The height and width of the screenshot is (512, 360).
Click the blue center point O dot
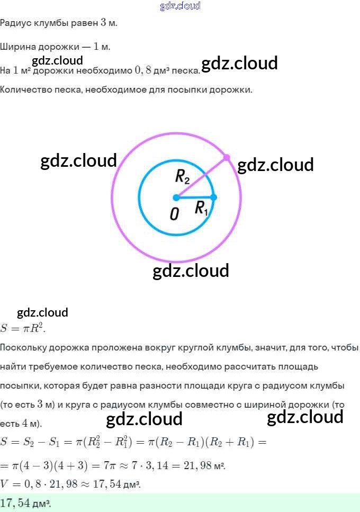176,197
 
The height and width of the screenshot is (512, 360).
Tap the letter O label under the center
174,214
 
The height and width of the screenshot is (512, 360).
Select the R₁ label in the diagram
202,209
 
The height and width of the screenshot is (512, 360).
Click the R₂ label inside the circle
183,177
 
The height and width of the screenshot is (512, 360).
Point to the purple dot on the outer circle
227,157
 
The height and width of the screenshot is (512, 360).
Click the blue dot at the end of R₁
214,197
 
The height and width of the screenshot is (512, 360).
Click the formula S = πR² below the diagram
23,328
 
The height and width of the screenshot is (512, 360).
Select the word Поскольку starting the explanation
23,348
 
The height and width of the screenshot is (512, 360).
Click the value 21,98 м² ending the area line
205,466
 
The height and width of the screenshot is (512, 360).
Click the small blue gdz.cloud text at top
180,6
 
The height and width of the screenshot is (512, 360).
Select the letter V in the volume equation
4,484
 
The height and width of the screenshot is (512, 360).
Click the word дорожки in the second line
62,47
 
